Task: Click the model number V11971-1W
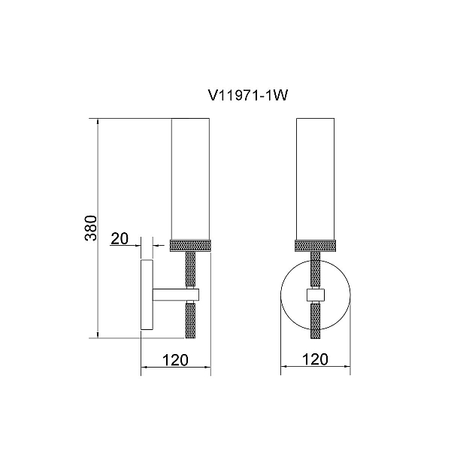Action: coord(247,95)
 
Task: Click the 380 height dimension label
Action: coord(92,228)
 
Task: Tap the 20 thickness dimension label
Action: coord(120,238)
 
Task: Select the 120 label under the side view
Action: coord(175,360)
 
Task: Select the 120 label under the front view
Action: coord(315,359)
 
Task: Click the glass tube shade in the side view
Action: coord(190,179)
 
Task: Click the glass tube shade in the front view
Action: coord(315,179)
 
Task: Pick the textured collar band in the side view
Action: coord(190,246)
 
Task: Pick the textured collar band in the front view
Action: coord(315,246)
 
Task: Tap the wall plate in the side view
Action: coord(147,295)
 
